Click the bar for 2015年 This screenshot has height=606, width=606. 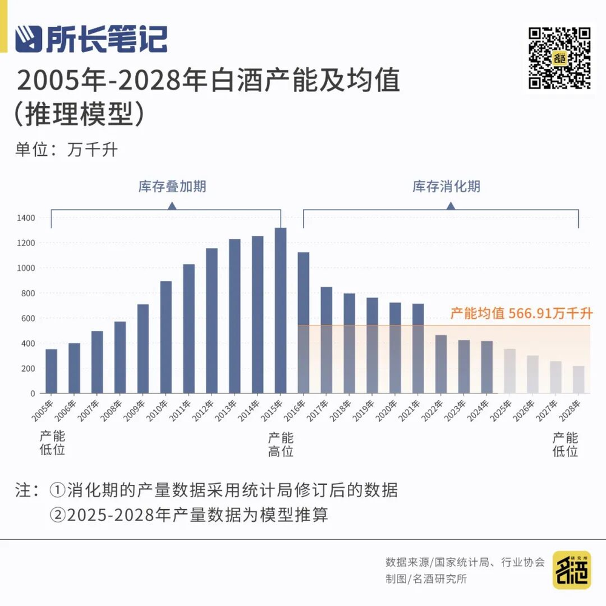[x=281, y=310]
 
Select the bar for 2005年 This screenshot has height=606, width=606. [x=52, y=371]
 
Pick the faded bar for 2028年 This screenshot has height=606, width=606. [x=579, y=379]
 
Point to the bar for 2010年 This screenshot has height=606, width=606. [x=166, y=337]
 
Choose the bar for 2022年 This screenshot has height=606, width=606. [x=441, y=364]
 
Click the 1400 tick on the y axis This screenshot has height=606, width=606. [x=27, y=218]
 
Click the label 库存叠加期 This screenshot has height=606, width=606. [x=172, y=187]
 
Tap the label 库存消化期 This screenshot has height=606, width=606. [x=447, y=187]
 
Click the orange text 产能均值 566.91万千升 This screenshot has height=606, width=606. [x=521, y=313]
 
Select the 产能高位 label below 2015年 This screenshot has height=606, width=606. [x=281, y=444]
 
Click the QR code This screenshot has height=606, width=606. [x=559, y=58]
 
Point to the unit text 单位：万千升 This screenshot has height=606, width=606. [x=67, y=150]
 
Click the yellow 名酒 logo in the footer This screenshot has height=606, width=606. [x=571, y=570]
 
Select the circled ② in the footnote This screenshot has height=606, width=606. [x=58, y=515]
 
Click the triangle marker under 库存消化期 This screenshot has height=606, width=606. [x=450, y=206]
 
